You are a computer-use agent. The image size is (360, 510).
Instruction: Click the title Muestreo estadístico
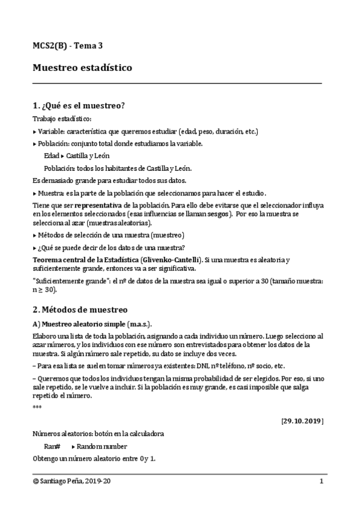click(82, 68)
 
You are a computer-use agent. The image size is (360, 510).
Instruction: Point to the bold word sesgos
click(218, 214)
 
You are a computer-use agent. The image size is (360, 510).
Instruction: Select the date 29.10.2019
click(302, 420)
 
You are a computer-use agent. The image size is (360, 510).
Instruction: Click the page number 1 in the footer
click(322, 482)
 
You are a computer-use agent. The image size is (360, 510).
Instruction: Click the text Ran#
click(52, 446)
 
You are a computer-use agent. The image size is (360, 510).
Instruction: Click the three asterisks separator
click(37, 407)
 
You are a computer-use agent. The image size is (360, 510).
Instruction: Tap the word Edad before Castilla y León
click(52, 155)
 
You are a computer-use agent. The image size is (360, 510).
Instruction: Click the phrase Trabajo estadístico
click(62, 119)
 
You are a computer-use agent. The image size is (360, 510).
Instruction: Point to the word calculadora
click(142, 434)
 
